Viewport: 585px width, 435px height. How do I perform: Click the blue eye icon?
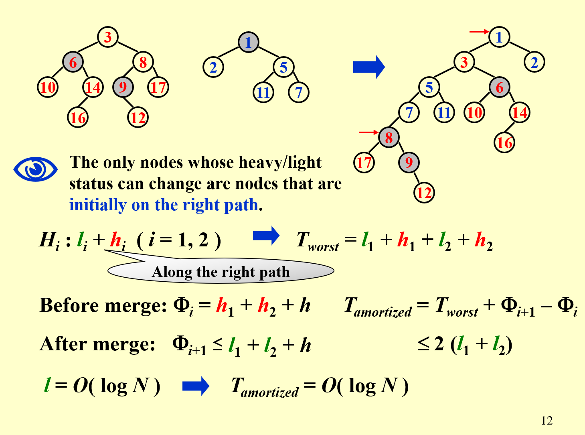35,169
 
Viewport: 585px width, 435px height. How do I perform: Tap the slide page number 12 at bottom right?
547,421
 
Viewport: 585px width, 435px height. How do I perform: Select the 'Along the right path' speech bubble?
221,272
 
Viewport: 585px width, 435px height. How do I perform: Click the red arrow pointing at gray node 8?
368,132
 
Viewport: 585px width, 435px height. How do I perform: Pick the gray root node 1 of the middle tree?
249,43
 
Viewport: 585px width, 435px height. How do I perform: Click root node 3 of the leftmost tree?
108,37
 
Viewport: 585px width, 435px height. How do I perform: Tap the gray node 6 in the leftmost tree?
73,62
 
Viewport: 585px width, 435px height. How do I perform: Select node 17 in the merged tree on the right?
364,163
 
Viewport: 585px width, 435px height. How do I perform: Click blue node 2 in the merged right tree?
534,62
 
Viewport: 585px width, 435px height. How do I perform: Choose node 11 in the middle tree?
263,93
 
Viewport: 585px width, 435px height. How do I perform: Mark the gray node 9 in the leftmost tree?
123,87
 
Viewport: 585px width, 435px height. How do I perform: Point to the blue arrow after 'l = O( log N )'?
196,386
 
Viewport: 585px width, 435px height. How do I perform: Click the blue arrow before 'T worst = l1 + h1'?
266,236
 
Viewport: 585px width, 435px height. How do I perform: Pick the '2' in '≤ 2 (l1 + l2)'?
439,344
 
